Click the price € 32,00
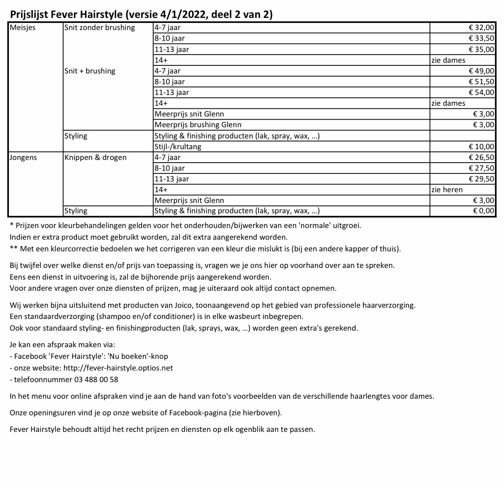[482, 28]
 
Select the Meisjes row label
[23, 28]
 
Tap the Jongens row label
[23, 157]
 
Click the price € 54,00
[482, 93]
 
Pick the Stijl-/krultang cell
[178, 146]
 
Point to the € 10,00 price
[482, 146]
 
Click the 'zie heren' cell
[447, 190]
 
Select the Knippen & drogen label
[95, 157]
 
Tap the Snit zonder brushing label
[99, 28]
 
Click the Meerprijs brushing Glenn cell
[198, 125]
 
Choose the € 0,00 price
[484, 211]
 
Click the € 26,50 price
[482, 157]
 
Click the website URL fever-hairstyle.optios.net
[118, 368]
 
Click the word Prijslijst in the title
[30, 15]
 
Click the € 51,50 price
[482, 82]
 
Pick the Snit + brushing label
[90, 71]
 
